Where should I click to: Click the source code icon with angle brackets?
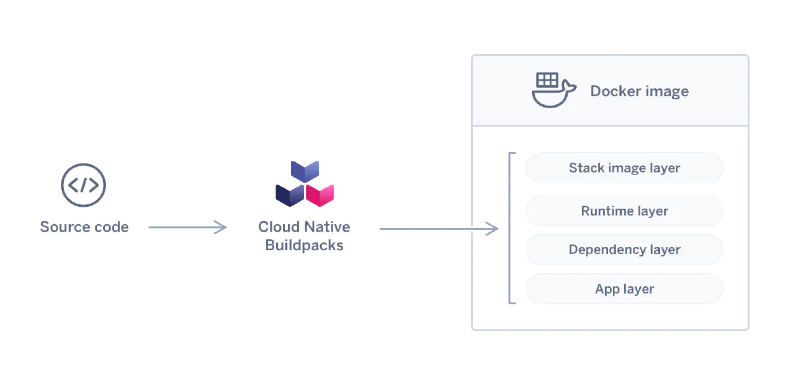[x=83, y=184]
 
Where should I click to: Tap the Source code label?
[x=84, y=227]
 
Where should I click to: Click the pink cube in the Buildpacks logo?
[x=320, y=194]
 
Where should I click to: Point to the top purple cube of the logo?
[x=305, y=171]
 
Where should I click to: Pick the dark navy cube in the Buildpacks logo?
[x=290, y=194]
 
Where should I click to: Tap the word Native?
[x=327, y=227]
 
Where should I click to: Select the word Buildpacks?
[x=304, y=245]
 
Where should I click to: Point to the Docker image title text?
[x=639, y=91]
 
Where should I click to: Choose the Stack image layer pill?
[x=624, y=168]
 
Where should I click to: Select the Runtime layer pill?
[x=624, y=211]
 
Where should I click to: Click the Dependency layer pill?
[x=624, y=250]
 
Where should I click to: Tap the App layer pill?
[x=624, y=289]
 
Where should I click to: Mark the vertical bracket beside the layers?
[x=510, y=228]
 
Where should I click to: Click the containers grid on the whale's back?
[x=547, y=80]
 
